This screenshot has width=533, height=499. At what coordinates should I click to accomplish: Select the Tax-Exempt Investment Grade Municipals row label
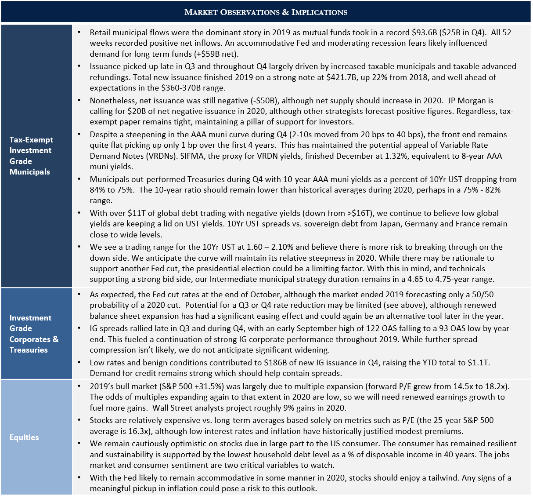tap(32, 156)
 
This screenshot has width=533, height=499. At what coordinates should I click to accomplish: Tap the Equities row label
tap(24, 437)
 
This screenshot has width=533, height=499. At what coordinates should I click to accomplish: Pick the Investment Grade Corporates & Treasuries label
tap(34, 334)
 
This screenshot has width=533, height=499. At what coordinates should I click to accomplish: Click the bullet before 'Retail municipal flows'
tap(79, 33)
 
